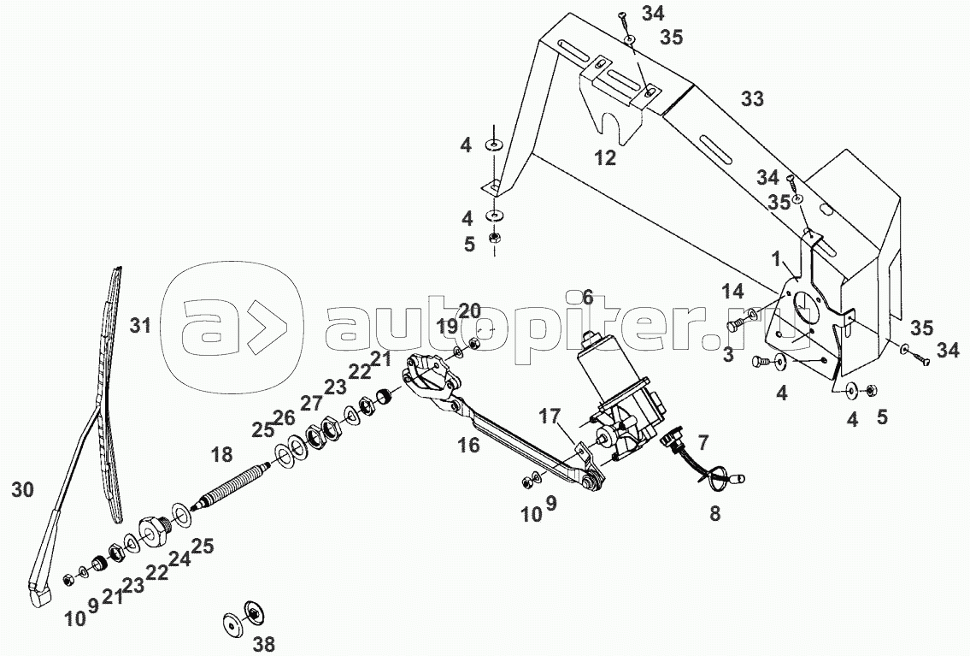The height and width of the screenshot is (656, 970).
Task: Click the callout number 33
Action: (x=752, y=99)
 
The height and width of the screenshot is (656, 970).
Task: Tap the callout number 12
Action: (x=606, y=158)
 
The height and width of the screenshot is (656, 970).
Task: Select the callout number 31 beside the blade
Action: (x=140, y=325)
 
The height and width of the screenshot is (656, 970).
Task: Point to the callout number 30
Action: (x=23, y=490)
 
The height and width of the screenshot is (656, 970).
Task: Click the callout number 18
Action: (x=221, y=455)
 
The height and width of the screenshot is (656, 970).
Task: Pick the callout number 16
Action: (x=469, y=445)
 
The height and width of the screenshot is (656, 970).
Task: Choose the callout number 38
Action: (x=264, y=644)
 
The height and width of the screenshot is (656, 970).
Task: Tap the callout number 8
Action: (x=715, y=514)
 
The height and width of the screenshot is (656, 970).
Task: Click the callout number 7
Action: (x=703, y=442)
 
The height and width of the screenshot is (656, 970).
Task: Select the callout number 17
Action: (x=549, y=416)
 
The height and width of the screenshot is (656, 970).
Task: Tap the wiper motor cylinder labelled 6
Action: (x=603, y=369)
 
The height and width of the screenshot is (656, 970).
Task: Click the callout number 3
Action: (x=728, y=355)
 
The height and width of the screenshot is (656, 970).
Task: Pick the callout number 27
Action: (x=312, y=404)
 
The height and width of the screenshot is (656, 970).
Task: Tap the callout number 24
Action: (x=180, y=559)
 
